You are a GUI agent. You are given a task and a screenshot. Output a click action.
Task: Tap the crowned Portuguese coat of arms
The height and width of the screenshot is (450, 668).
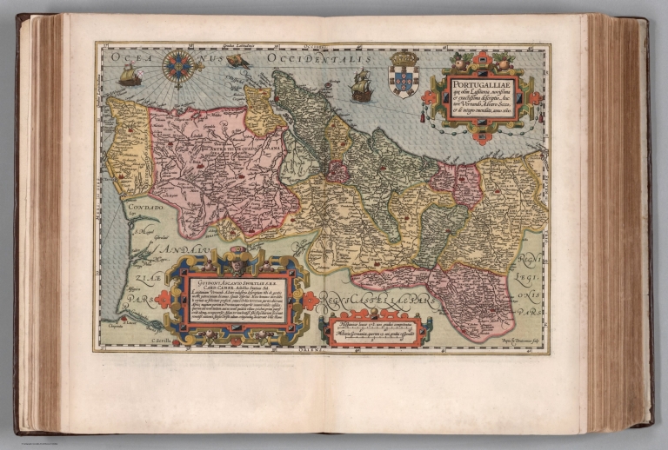tap(404, 74)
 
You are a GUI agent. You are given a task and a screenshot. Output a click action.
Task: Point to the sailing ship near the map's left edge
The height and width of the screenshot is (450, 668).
tap(130, 76)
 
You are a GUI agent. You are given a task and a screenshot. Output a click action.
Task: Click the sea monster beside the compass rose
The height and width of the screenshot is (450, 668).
tap(237, 62)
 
